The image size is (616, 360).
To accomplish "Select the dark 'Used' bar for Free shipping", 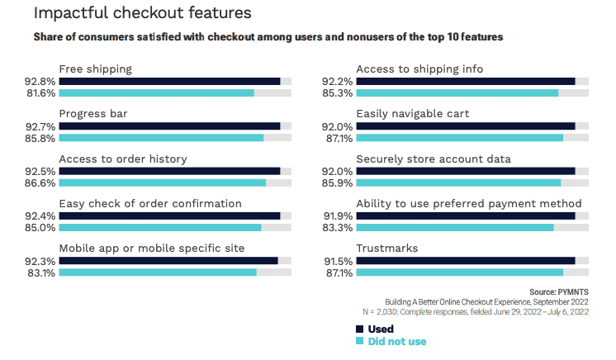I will click(x=169, y=81).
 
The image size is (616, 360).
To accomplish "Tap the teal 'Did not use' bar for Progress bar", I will click(x=161, y=137).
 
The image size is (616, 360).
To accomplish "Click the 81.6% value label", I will click(x=41, y=93).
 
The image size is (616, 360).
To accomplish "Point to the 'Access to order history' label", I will click(x=123, y=159).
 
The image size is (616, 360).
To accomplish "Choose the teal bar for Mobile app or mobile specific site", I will click(x=158, y=272).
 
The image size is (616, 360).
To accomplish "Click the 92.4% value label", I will click(x=41, y=216).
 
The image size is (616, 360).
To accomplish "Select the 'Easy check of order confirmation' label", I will click(x=150, y=203).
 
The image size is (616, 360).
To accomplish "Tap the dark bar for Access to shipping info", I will click(x=465, y=81).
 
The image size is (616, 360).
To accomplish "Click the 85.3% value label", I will click(x=338, y=93).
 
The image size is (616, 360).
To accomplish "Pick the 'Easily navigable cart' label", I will click(x=412, y=113).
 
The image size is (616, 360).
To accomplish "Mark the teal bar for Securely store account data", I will click(x=458, y=182).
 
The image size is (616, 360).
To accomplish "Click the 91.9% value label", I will click(x=338, y=216).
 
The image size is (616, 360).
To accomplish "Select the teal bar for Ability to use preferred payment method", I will click(x=455, y=227).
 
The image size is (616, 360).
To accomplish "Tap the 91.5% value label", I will click(x=338, y=260).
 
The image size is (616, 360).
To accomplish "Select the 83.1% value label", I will click(x=41, y=272).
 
